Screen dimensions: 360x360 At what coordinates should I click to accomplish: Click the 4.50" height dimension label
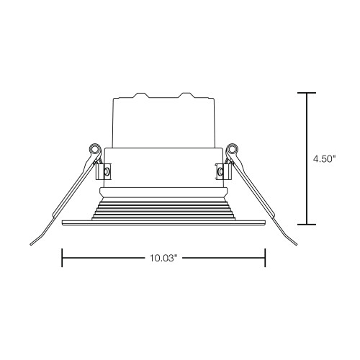coord(324,159)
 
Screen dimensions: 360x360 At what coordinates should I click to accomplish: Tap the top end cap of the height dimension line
coord(307,93)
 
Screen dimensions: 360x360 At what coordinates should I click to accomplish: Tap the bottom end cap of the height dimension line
coord(307,225)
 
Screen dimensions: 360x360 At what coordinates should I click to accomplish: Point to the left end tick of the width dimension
coord(63,258)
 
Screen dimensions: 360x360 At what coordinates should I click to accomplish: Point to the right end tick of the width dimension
coord(265,258)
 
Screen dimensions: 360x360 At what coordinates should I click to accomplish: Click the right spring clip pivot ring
coord(232,148)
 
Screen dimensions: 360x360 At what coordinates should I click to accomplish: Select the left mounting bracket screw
coord(107,171)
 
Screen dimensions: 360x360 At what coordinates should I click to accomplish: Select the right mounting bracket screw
coord(220,171)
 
